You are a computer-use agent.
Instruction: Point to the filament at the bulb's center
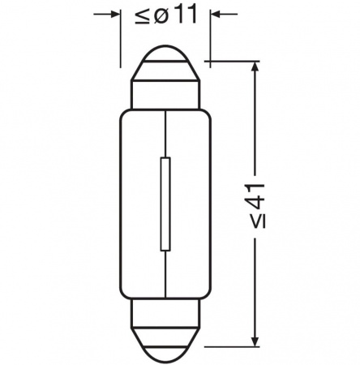coord(166,203)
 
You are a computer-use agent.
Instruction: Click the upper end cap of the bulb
coord(165,77)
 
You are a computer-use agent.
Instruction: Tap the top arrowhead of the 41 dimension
coord(256,67)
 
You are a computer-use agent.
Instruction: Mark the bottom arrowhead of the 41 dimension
coord(256,339)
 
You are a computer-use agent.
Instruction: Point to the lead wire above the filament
coord(166,134)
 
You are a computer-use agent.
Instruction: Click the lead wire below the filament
coord(166,272)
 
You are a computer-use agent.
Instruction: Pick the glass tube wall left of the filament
coord(122,203)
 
